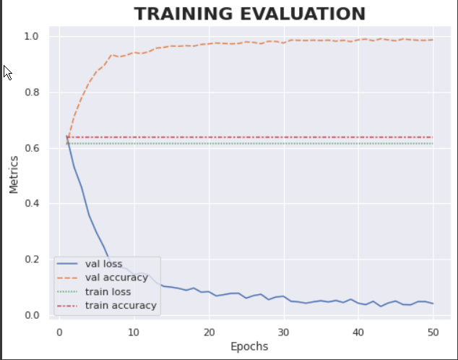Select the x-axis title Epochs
tap(249, 346)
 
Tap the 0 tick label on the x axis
tap(60, 331)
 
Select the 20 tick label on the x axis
tap(209, 331)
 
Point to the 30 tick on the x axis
tap(284, 331)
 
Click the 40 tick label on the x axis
tap(358, 331)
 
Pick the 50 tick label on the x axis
tap(433, 331)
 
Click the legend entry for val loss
tap(104, 264)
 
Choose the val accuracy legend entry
tap(116, 278)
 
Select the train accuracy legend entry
tap(120, 305)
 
